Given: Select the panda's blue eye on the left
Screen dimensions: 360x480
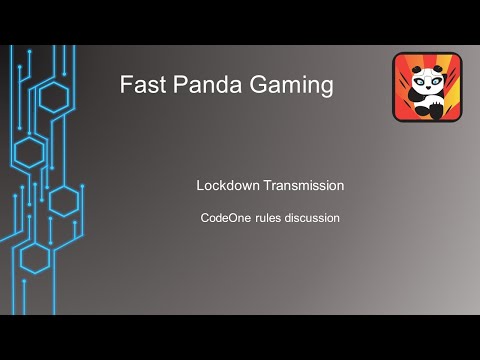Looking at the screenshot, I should [x=418, y=83].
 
